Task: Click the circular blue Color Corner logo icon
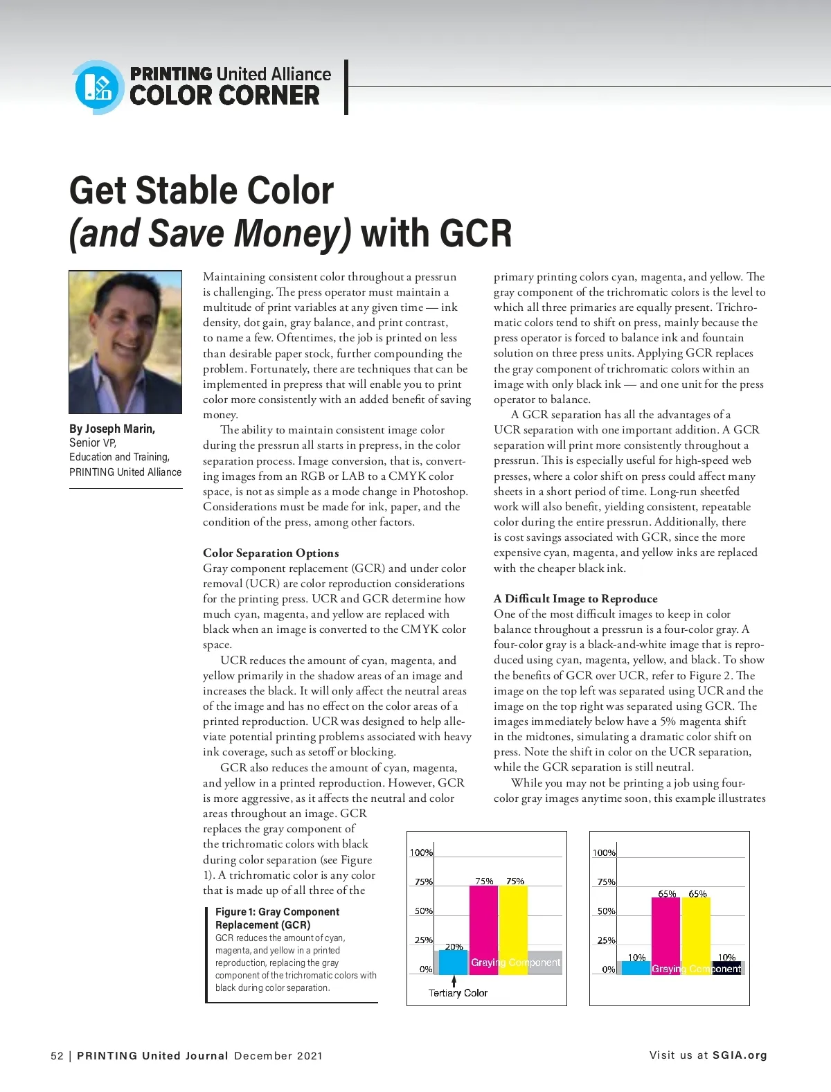(x=97, y=87)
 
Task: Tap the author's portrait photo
(x=125, y=342)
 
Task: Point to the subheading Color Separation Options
(x=271, y=553)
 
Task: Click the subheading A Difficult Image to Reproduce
(x=575, y=598)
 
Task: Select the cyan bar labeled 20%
(x=454, y=963)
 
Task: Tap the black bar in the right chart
(x=727, y=967)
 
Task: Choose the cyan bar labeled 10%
(x=636, y=967)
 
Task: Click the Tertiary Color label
(x=458, y=993)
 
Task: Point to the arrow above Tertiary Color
(x=454, y=981)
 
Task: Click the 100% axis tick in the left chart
(x=421, y=852)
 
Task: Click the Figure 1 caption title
(x=277, y=918)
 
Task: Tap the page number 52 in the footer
(x=57, y=1056)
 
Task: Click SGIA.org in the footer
(x=740, y=1055)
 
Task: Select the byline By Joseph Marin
(x=112, y=429)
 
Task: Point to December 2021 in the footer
(x=278, y=1056)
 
